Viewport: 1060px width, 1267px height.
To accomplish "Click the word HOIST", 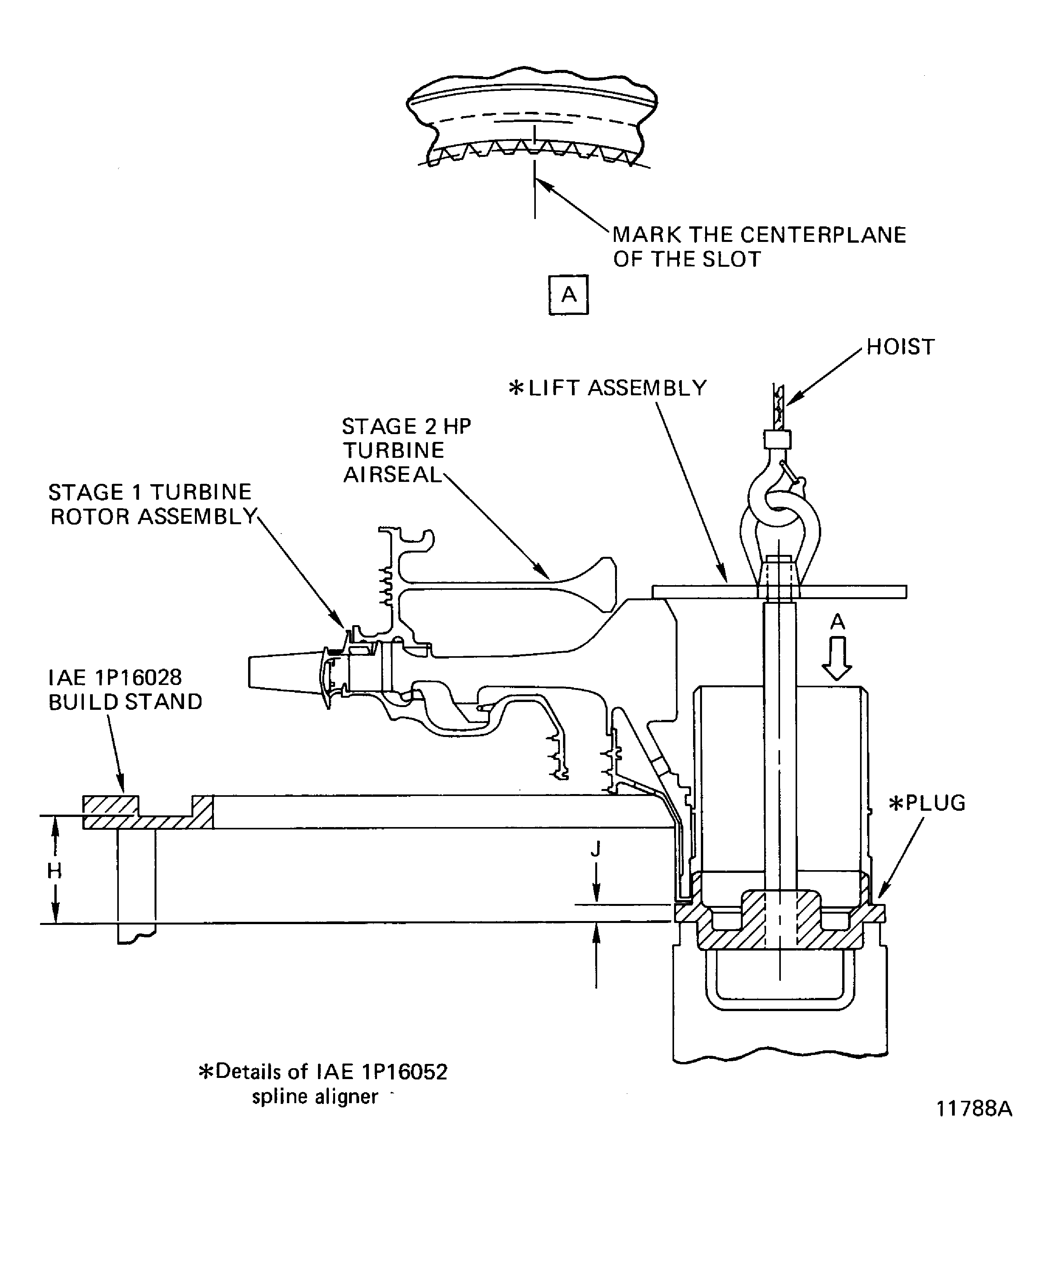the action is point(900,347).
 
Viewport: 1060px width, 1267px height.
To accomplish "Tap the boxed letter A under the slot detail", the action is point(568,295).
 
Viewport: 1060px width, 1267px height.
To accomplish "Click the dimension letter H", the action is point(54,871).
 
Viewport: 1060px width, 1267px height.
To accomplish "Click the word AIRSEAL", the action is point(393,475).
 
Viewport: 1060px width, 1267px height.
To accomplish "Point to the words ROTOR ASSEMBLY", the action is point(154,517).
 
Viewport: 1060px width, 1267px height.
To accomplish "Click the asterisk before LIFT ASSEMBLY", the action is point(516,388).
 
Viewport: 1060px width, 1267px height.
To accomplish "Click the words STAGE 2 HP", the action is point(406,427).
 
